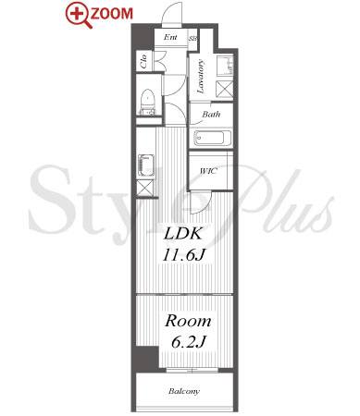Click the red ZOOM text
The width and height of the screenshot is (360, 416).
pos(112,14)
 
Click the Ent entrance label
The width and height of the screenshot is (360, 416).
pos(170,37)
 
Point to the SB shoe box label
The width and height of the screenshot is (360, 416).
pos(193,39)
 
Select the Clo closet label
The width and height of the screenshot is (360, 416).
pos(143,61)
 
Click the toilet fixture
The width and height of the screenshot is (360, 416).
pos(148,103)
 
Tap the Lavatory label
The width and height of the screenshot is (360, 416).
pos(201,76)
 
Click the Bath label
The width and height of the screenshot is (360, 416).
pos(211,115)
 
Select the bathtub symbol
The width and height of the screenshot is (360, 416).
pos(212,138)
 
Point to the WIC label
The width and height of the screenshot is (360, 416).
pos(208,171)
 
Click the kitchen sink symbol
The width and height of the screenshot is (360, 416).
pos(146,165)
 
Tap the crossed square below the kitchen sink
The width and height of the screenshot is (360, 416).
pos(144,188)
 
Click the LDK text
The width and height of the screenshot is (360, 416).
pos(183,234)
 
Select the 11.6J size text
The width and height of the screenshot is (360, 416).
pos(184,254)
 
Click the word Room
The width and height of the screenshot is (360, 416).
pos(188,321)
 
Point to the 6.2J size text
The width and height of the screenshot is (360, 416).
pos(189,341)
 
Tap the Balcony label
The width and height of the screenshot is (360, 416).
pos(184,391)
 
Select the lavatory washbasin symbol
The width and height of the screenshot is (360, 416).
pos(225,66)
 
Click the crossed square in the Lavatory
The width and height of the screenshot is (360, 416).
pos(225,89)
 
